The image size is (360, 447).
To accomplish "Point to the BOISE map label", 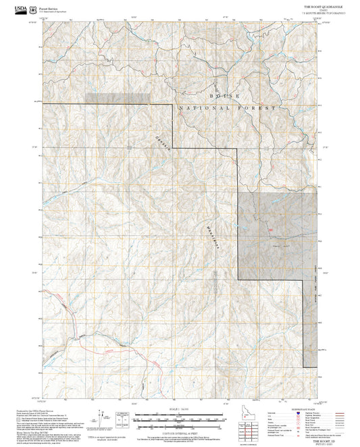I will (x=226, y=96).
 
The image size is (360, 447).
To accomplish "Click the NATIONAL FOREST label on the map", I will (x=228, y=108).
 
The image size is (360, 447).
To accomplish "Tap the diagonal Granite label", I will (x=159, y=147).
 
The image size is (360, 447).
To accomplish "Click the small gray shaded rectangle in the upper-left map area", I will (x=118, y=98).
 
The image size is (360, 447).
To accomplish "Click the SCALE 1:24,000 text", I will (x=180, y=409).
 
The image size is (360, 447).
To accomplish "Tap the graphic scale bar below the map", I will (x=180, y=419).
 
